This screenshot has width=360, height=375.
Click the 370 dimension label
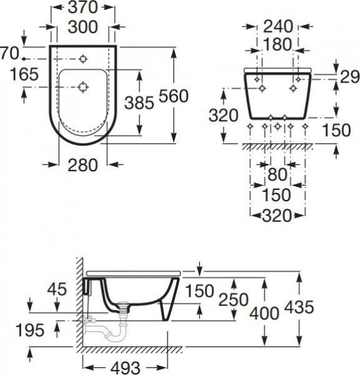coord(82,7)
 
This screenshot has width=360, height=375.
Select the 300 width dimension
coord(82,27)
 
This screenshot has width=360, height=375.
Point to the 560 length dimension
coord(174,96)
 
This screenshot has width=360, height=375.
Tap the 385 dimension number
coord(139,103)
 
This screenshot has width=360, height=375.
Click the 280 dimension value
coord(82,165)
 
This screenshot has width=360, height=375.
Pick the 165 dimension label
coord(24,74)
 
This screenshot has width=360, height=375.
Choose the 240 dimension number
coord(278,26)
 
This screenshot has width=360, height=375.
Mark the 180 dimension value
coord(277,44)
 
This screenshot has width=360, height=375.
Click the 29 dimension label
coord(349,77)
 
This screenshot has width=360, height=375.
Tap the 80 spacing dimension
coord(277,174)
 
